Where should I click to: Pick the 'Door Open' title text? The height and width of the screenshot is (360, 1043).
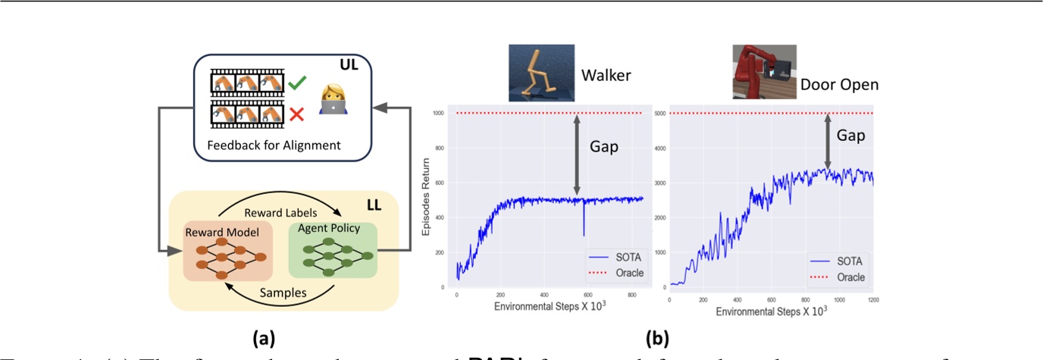[839, 84]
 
